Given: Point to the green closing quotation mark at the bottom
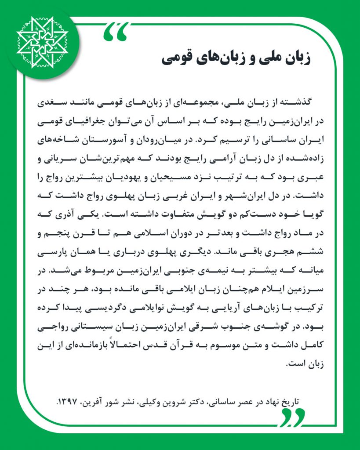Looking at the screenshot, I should click(x=291, y=417).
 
